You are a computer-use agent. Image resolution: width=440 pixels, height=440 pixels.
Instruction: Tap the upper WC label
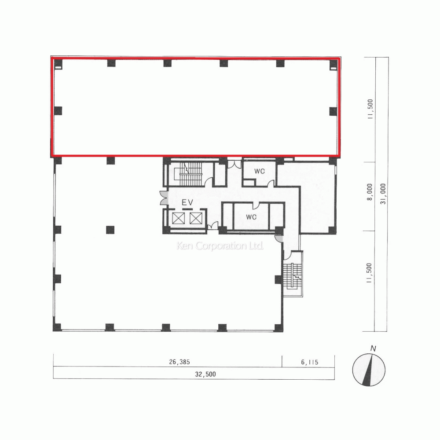tap(259, 171)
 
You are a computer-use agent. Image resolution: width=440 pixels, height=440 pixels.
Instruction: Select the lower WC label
tap(251, 217)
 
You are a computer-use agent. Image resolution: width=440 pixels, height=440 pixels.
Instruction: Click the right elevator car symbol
tap(195, 218)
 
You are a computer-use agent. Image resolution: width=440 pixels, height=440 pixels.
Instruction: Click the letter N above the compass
tap(373, 349)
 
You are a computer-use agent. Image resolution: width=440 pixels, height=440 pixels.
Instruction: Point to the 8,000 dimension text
tap(370, 192)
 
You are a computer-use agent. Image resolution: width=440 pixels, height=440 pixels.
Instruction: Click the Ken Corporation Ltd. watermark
tap(220, 246)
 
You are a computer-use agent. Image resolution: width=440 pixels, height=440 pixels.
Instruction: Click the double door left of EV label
tap(164, 198)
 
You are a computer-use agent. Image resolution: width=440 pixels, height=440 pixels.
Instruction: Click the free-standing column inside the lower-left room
tap(110, 229)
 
